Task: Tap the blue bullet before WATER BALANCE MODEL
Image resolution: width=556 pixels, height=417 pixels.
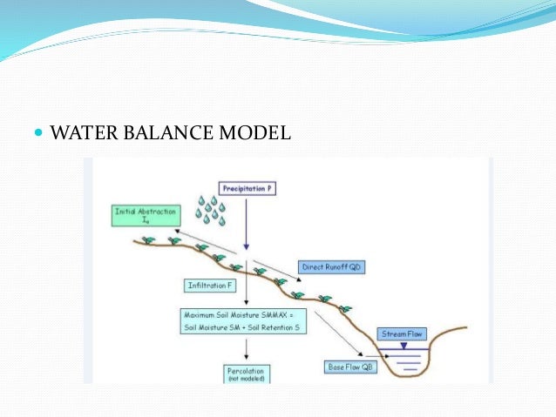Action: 37,135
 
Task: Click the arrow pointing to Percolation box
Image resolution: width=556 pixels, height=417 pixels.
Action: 247,349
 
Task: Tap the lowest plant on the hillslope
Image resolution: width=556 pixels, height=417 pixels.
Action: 345,307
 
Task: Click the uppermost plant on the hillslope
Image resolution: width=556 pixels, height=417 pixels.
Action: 148,239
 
